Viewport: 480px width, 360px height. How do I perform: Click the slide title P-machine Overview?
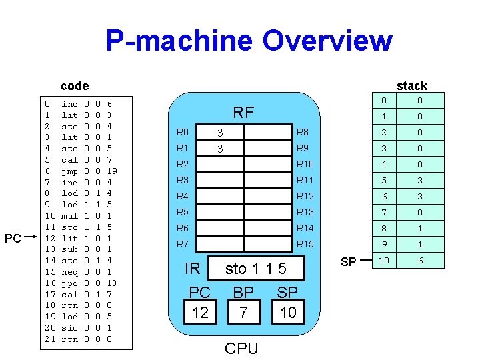[249, 41]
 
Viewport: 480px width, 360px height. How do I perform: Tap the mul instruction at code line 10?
[69, 216]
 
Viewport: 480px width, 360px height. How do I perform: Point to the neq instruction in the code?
[69, 272]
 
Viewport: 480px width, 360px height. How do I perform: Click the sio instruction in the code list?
[69, 328]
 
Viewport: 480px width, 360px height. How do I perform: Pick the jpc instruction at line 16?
[69, 283]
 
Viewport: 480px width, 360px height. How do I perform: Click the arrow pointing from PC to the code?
[32, 238]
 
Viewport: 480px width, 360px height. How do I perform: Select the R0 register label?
[183, 132]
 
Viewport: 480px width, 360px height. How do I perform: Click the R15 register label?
[305, 244]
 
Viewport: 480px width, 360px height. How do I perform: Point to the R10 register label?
[305, 164]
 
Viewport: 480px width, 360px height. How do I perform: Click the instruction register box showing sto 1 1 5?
[256, 269]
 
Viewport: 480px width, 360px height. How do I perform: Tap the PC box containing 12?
[200, 312]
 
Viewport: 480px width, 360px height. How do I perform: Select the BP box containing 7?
[243, 312]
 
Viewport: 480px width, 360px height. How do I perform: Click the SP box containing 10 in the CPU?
[288, 312]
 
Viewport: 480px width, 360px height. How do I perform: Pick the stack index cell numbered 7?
[383, 212]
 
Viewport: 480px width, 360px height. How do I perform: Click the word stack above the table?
[411, 85]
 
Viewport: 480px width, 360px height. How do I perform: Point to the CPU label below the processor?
[241, 348]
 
